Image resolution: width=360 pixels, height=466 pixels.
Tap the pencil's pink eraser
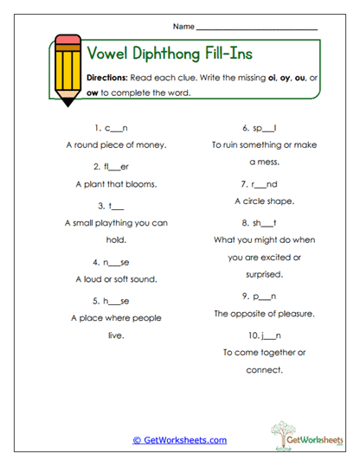pyautogui.click(x=65, y=41)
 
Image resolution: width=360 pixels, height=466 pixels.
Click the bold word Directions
pyautogui.click(x=107, y=77)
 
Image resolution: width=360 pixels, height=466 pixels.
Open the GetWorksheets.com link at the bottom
pyautogui.click(x=180, y=440)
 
